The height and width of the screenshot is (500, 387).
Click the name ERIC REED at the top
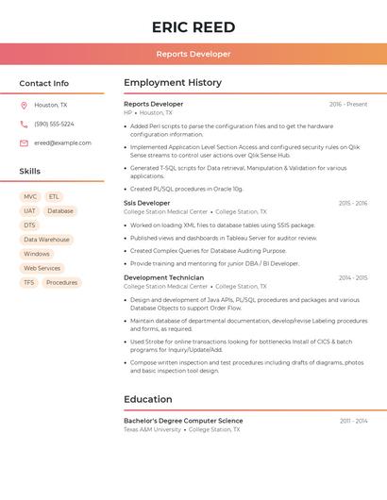click(193, 26)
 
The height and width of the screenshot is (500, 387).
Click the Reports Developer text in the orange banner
click(193, 54)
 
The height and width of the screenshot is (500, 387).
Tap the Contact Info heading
click(43, 83)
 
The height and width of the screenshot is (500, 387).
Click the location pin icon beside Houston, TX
click(24, 106)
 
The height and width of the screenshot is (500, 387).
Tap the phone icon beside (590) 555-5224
click(24, 125)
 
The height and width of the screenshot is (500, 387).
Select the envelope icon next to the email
click(24, 143)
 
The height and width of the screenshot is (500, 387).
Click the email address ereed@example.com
click(62, 143)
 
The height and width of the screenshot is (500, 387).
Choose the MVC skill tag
click(30, 197)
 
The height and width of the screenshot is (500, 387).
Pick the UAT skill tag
click(30, 211)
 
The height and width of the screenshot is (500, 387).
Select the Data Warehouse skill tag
click(46, 240)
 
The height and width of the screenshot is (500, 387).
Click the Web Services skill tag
click(42, 268)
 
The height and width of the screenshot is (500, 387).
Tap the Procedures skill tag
click(61, 282)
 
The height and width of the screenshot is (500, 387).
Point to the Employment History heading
click(173, 83)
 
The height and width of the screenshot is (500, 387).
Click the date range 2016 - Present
click(348, 104)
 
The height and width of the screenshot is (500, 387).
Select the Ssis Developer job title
click(147, 203)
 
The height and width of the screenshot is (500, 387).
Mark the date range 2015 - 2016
click(352, 203)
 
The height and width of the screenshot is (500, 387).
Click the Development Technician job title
click(163, 277)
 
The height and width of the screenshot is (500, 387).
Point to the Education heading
click(147, 399)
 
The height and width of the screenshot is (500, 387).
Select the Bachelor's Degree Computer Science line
click(183, 421)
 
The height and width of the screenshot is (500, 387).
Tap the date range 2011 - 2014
click(353, 421)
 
